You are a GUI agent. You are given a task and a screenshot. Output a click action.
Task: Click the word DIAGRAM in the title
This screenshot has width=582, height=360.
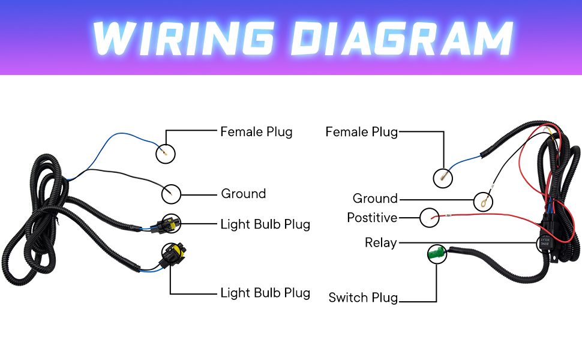403,37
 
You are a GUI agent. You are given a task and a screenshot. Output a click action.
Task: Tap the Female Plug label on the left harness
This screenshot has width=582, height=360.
256,131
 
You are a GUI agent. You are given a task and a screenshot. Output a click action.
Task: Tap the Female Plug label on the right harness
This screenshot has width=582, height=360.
361,131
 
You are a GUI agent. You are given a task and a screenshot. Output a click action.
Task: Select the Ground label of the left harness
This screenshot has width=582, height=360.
243,194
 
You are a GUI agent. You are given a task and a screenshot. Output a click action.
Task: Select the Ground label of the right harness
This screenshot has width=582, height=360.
375,199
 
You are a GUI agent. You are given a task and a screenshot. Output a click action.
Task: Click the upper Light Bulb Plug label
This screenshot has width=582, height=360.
265,224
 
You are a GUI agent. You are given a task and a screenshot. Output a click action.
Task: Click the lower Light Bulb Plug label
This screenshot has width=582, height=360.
265,293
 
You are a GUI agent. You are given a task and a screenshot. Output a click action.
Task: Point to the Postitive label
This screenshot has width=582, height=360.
372,217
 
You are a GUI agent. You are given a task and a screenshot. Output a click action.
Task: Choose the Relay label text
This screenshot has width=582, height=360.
380,242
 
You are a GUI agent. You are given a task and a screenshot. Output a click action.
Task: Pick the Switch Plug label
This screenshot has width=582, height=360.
363,297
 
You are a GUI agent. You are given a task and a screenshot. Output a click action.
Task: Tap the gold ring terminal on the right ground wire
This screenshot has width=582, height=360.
483,200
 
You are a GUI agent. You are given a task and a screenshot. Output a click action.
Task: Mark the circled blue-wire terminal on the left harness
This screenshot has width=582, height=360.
165,154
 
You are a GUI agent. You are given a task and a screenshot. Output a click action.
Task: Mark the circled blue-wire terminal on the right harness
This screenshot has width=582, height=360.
443,177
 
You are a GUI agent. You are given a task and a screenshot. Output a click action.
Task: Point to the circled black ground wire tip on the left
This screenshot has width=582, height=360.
171,193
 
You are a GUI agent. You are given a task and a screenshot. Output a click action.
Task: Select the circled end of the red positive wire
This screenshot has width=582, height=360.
430,217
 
